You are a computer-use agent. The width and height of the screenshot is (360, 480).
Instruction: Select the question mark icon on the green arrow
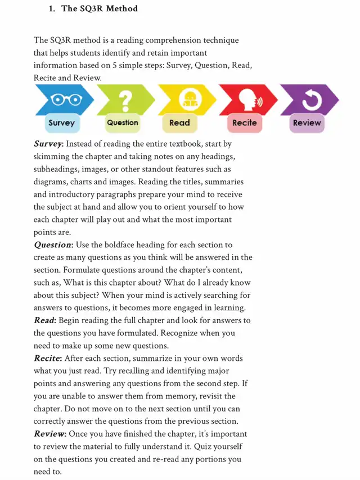[126, 100]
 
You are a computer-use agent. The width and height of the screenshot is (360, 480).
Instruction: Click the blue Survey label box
[61, 123]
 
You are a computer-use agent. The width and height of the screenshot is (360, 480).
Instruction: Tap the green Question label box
[122, 123]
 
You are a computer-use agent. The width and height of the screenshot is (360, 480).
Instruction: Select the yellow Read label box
[179, 123]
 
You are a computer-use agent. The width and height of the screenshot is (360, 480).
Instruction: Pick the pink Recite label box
[244, 123]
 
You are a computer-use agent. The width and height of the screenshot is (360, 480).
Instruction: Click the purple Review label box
[307, 123]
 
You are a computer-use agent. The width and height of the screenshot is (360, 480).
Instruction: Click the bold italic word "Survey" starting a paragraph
[48, 144]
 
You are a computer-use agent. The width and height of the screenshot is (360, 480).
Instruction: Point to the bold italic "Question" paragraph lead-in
[53, 245]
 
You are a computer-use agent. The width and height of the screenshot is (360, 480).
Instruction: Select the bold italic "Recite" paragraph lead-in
[48, 359]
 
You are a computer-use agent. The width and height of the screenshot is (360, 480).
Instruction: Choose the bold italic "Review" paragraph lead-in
[49, 434]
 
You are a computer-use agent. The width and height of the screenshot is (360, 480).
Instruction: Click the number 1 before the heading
[51, 9]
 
